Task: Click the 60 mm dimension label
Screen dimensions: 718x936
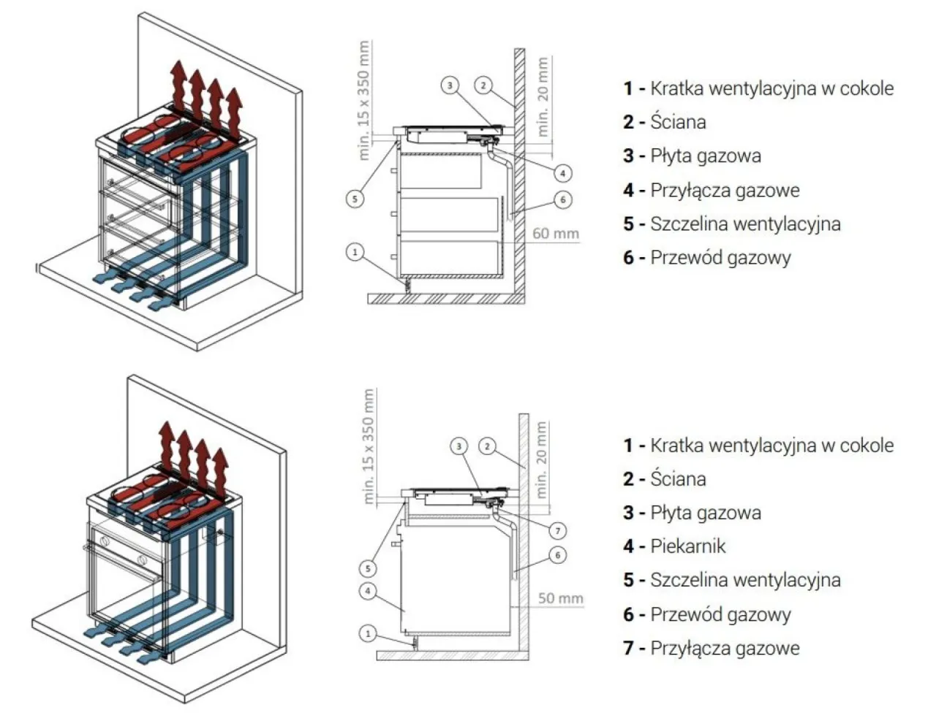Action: [555, 234]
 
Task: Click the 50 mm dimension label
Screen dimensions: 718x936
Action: [560, 598]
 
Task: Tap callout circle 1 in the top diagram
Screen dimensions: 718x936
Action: [355, 252]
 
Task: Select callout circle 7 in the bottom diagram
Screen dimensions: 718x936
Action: [557, 531]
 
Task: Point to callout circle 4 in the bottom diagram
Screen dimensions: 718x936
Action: [369, 591]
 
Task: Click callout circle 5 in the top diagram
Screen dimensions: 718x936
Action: [355, 199]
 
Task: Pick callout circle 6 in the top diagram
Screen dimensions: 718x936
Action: [562, 199]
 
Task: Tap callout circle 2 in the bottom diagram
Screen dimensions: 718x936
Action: [488, 446]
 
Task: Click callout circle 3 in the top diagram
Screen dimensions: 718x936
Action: [450, 85]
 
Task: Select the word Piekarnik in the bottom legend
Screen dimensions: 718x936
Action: [687, 546]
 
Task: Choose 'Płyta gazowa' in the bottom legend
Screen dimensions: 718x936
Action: [705, 513]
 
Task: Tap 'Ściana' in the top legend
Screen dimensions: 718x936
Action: [678, 122]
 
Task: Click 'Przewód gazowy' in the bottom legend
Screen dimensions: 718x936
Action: [720, 614]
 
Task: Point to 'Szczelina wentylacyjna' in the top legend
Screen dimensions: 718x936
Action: [745, 224]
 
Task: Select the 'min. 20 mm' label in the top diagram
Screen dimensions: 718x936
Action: [543, 97]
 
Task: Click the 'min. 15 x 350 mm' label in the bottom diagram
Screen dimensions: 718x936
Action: [369, 446]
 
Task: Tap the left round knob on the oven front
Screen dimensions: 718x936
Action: [104, 543]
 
